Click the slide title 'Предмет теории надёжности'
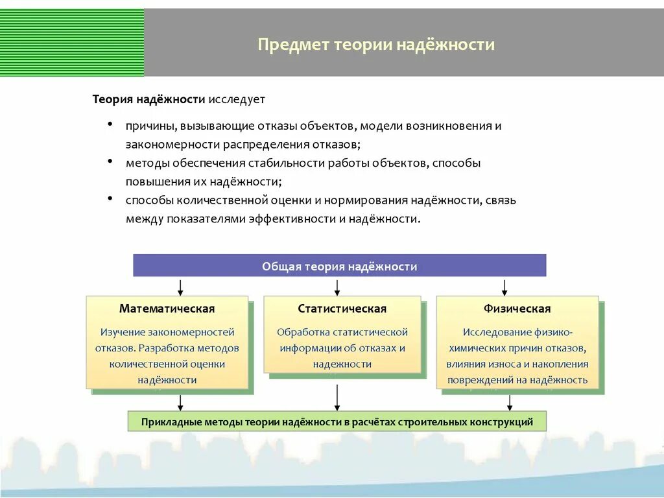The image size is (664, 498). click(x=376, y=45)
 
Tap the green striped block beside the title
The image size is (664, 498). click(x=71, y=42)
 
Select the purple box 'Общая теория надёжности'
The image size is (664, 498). click(x=339, y=266)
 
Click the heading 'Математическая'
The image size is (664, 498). click(x=167, y=309)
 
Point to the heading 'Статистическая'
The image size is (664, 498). click(x=342, y=309)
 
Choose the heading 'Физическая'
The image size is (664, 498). click(x=517, y=309)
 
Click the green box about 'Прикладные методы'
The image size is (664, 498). click(x=337, y=422)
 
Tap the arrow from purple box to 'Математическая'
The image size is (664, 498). click(x=180, y=287)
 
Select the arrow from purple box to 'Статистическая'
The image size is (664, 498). click(x=337, y=287)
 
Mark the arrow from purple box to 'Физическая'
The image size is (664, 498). click(x=504, y=287)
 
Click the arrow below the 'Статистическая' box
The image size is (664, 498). click(x=337, y=397)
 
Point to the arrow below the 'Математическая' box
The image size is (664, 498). click(x=180, y=402)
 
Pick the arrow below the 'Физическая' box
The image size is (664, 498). click(x=510, y=402)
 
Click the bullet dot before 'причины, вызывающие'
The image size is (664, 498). click(x=111, y=123)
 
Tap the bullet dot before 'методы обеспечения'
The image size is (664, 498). click(x=111, y=161)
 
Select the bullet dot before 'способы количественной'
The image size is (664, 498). click(x=111, y=198)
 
